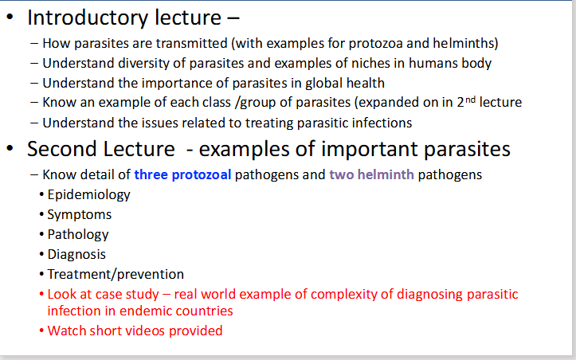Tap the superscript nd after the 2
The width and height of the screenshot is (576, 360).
[x=461, y=99]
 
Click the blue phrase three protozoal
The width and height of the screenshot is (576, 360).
[x=182, y=174]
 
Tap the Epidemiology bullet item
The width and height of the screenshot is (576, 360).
[x=88, y=194]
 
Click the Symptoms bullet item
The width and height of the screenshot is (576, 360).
[x=79, y=214]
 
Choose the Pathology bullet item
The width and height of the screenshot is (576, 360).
[x=77, y=234]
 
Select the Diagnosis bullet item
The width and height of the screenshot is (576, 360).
[x=76, y=254]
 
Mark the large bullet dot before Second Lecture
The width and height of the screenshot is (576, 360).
[x=11, y=150]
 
